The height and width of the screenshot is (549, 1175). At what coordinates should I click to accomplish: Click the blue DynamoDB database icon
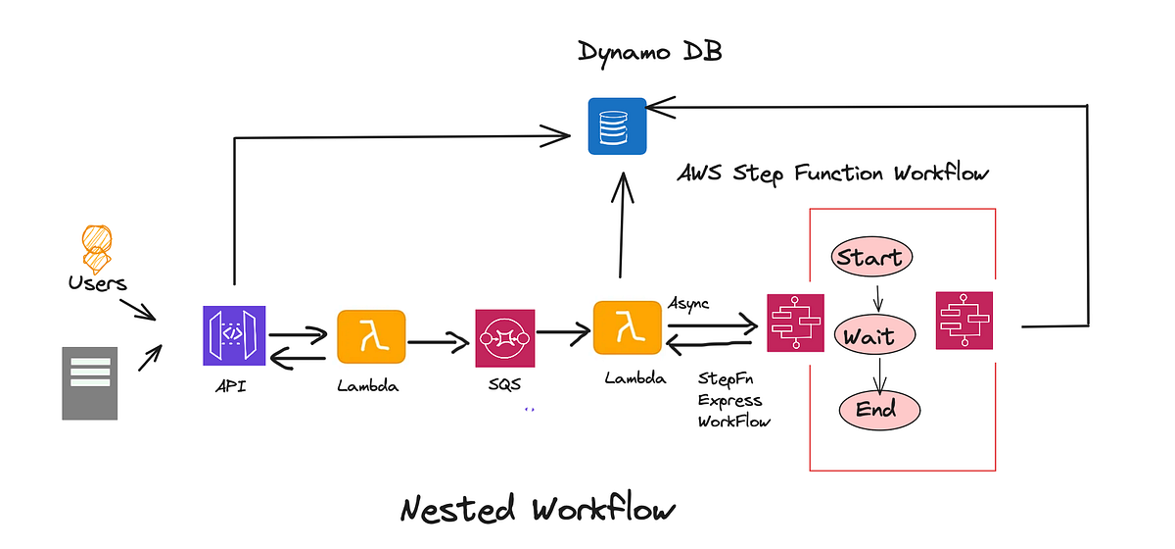click(x=617, y=125)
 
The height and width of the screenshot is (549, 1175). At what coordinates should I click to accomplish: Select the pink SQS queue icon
click(x=504, y=338)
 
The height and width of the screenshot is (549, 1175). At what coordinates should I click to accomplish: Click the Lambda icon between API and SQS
click(x=371, y=337)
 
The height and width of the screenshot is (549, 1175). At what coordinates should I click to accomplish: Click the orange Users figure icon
click(x=97, y=249)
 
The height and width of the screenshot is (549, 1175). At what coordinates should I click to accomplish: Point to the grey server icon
click(x=89, y=383)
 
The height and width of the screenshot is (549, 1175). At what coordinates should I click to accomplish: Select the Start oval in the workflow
click(x=870, y=258)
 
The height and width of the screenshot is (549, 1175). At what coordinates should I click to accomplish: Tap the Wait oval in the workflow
click(x=877, y=336)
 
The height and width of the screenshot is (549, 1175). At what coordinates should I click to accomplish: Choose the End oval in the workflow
click(x=878, y=409)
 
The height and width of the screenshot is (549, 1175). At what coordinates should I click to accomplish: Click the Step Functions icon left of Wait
click(x=794, y=322)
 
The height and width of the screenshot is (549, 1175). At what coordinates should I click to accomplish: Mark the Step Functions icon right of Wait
click(x=963, y=320)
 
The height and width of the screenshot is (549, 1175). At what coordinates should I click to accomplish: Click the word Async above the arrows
click(x=688, y=302)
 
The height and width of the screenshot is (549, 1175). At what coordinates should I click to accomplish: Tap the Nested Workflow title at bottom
click(x=538, y=510)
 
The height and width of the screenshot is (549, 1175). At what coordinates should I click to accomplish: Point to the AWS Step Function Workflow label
click(x=833, y=174)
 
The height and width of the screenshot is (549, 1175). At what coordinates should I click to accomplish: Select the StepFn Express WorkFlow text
click(x=730, y=399)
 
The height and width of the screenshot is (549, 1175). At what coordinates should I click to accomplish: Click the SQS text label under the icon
click(x=504, y=385)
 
